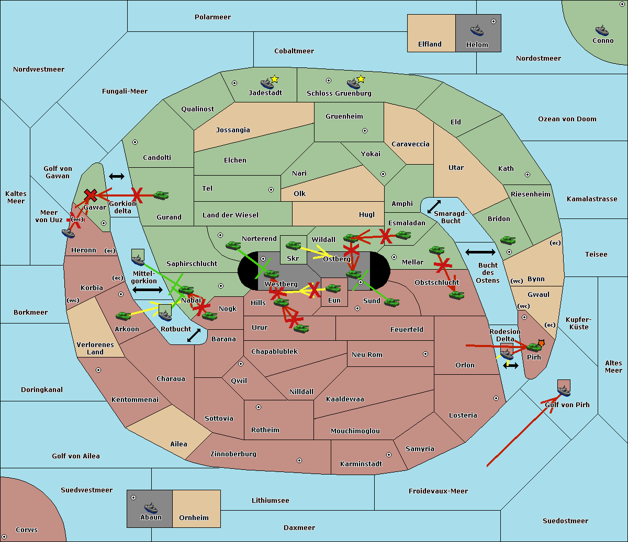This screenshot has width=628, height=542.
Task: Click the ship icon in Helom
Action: (477, 30)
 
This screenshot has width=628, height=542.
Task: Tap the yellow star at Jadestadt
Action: (274, 79)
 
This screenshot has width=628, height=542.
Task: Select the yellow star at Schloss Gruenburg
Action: (361, 79)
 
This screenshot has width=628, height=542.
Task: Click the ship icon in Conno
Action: (602, 30)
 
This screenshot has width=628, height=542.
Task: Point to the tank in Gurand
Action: (161, 195)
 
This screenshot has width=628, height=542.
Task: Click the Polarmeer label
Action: (212, 17)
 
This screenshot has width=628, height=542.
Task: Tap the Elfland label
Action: (430, 44)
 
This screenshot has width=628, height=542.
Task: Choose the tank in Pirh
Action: (534, 347)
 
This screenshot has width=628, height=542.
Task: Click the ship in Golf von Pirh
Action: (564, 391)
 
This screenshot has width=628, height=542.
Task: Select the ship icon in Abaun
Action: (151, 508)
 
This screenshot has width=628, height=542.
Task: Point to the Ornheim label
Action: (194, 518)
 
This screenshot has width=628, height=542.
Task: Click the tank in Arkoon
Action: (124, 316)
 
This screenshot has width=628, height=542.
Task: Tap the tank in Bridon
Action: (508, 240)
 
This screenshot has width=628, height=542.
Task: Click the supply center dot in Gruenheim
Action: (365, 131)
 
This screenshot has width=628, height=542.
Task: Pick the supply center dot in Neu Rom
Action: (425, 354)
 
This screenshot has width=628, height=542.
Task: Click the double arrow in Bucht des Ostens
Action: (480, 252)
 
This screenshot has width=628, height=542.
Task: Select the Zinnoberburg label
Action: (233, 454)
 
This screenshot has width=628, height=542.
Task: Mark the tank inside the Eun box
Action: (333, 289)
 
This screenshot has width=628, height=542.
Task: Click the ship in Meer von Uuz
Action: (68, 233)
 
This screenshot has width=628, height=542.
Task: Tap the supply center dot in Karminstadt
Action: (389, 455)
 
